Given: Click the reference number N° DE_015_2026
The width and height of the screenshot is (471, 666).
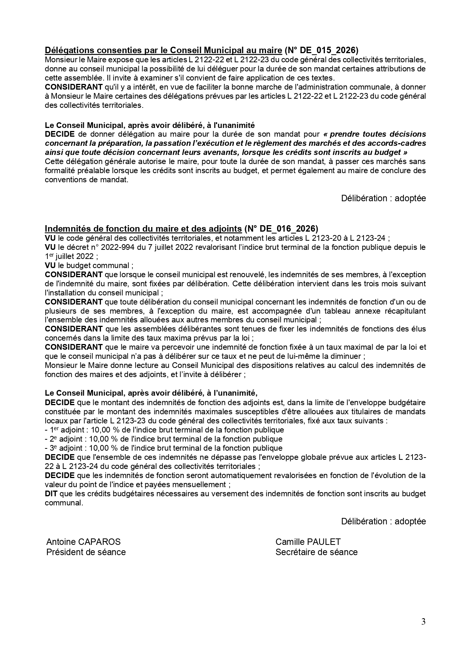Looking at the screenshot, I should coord(321,50).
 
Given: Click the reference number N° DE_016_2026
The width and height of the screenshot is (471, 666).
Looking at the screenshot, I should coord(281,229).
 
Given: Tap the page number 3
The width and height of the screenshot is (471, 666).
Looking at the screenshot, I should coord(423,622).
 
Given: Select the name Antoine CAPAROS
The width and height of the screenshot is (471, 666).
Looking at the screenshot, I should coord(83,542).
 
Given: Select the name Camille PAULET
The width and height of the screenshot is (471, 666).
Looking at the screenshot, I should coord(308,542).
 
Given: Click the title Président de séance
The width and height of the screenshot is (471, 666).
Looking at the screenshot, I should coord(86,552).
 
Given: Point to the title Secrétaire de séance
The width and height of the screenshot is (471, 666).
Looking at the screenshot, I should coord(316,552).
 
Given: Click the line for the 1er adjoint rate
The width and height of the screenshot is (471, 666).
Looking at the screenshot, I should coord(164,430).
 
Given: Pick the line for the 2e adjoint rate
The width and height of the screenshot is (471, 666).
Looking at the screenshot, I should coord(164,439).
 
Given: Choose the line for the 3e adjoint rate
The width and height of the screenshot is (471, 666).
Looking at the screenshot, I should coord(164,448).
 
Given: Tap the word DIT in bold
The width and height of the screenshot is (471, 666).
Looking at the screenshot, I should coord(51,494).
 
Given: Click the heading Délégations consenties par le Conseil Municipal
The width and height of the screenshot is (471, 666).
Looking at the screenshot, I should coord(163,50).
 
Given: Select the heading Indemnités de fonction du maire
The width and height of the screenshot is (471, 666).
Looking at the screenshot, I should coord(143,229).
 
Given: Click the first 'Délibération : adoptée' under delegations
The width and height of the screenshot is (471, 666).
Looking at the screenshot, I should coord(383,198).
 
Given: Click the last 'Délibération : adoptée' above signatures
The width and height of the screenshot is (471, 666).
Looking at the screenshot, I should coord(383,521).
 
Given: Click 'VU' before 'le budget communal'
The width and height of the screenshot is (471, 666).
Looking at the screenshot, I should coord(50,265).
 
